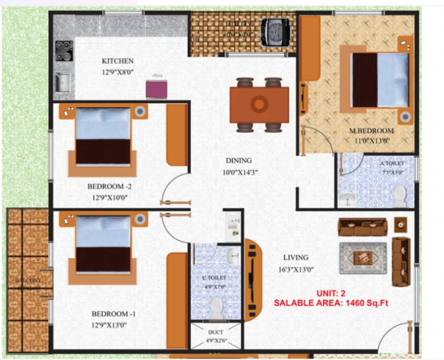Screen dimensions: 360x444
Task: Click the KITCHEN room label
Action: click(117, 61)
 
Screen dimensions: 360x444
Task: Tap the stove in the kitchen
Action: click(63, 50)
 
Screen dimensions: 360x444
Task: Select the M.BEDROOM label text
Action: click(371, 132)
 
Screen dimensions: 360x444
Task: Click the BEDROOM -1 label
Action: click(110, 313)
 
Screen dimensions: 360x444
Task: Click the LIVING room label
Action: click(295, 257)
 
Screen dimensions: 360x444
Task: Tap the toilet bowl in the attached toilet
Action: click(399, 195)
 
